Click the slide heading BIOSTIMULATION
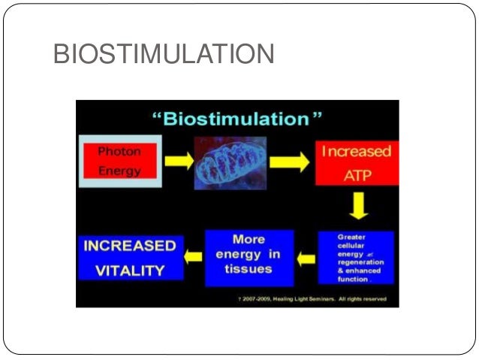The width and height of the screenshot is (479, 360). [x=164, y=55]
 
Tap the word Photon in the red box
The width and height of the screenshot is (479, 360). [x=119, y=151]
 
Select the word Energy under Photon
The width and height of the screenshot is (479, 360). [x=119, y=171]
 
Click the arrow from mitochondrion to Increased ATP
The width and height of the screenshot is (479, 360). [x=288, y=162]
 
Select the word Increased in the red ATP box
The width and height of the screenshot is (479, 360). [x=357, y=151]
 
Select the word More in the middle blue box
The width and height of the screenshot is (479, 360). [x=249, y=239]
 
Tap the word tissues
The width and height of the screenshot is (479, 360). [x=249, y=269]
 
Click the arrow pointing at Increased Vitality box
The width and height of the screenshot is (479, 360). [x=194, y=257]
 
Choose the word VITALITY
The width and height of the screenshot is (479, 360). [x=130, y=269]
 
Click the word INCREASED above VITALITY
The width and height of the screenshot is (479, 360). [x=130, y=247]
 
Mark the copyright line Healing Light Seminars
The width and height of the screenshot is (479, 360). [x=309, y=299]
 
